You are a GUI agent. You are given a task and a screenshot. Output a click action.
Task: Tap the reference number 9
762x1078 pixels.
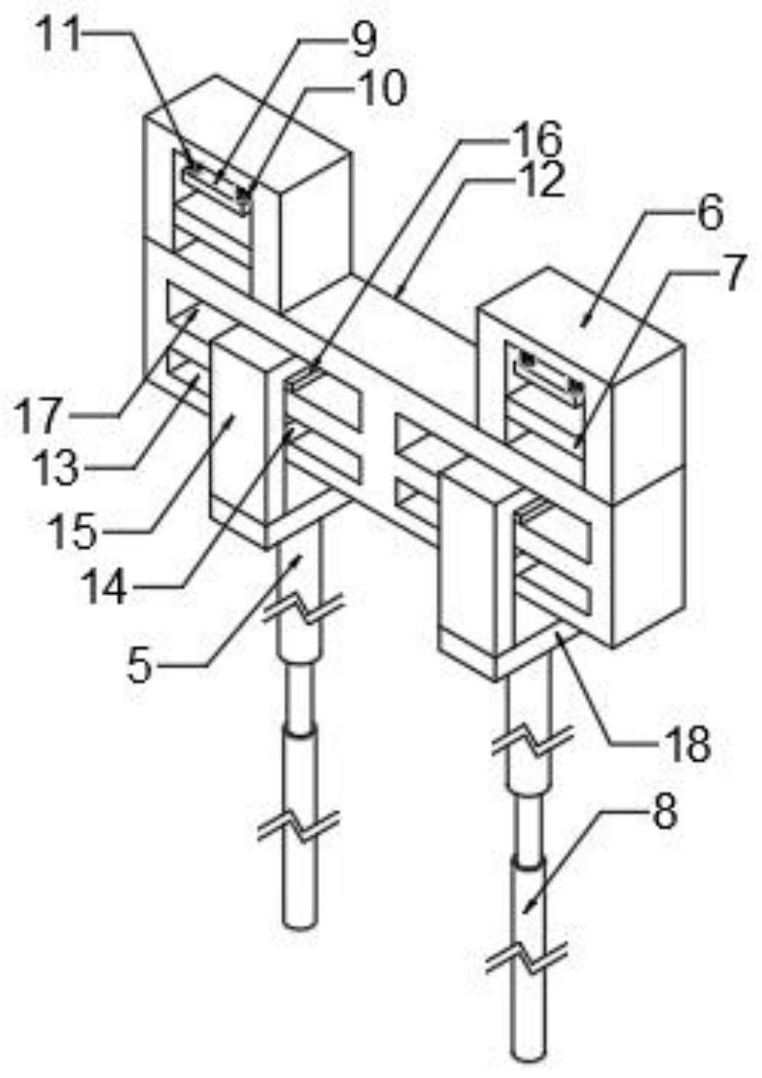click(x=363, y=40)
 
